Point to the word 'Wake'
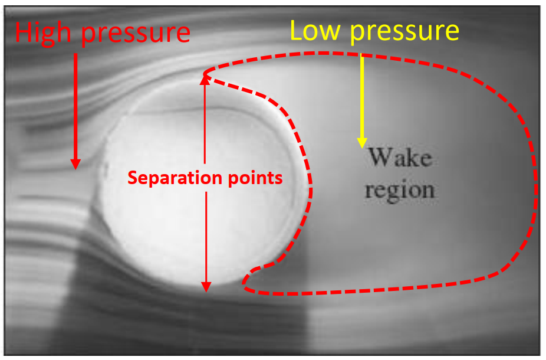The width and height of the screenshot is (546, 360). click(x=400, y=158)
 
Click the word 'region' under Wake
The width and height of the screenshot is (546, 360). click(x=400, y=190)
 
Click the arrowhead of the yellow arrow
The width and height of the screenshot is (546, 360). click(x=362, y=142)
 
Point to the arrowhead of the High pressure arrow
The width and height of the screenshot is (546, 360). click(x=75, y=164)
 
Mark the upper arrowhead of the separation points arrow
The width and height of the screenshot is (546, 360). click(x=205, y=80)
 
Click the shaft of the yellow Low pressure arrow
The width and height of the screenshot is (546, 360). click(x=362, y=94)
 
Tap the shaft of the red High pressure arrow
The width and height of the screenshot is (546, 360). click(x=75, y=106)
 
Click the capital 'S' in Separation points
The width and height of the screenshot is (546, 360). click(x=132, y=178)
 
